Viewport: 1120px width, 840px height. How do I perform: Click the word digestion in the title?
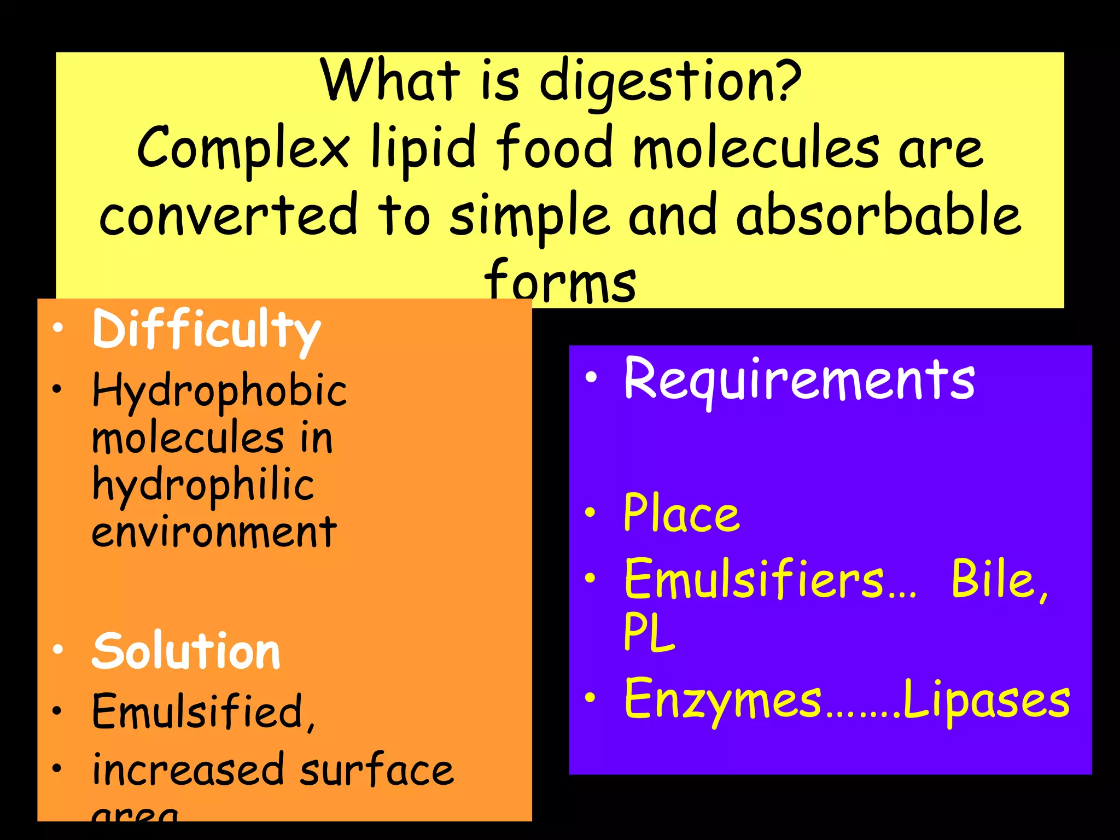[x=670, y=82]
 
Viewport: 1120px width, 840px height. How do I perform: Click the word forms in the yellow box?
[x=560, y=282]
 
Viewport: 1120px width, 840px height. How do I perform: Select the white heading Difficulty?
[x=206, y=330]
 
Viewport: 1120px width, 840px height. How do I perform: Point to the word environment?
[x=214, y=532]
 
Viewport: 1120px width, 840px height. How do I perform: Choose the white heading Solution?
[x=186, y=651]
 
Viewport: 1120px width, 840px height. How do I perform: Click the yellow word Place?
[x=681, y=514]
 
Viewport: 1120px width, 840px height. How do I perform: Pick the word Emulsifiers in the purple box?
[x=755, y=580]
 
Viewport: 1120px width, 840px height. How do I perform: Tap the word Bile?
[x=999, y=580]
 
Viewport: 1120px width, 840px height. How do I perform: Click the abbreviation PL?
[x=649, y=632]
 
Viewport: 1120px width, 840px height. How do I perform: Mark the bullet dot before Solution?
[x=57, y=650]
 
